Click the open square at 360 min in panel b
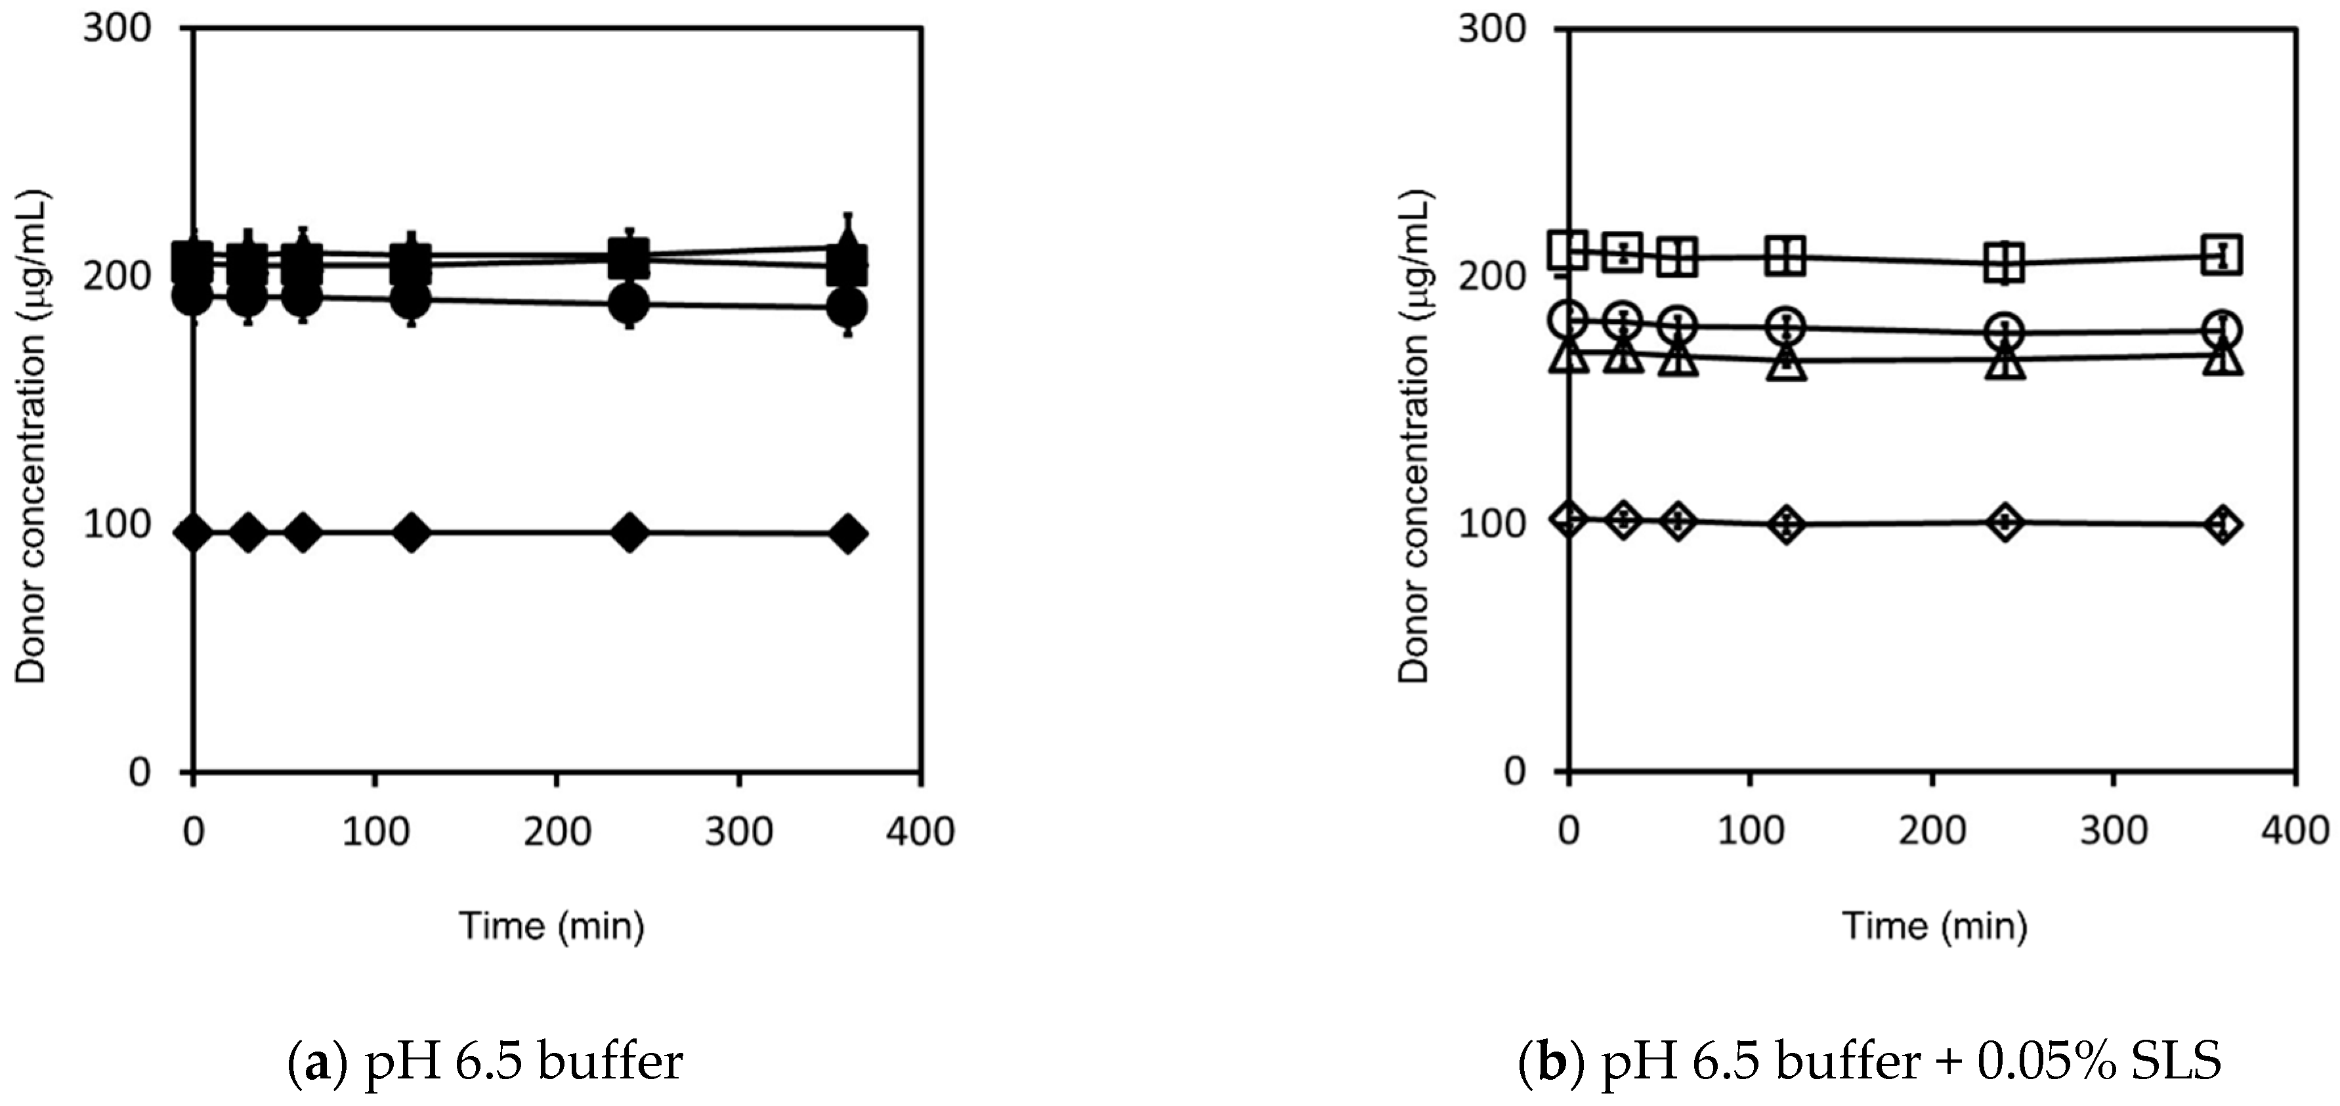pyautogui.click(x=2223, y=255)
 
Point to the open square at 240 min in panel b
pyautogui.click(x=2005, y=263)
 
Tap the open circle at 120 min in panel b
pyautogui.click(x=1787, y=326)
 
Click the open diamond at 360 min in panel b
pyautogui.click(x=2223, y=524)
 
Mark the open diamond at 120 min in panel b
pyautogui.click(x=1787, y=524)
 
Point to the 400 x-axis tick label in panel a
pyautogui.click(x=921, y=832)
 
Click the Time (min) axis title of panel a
pyautogui.click(x=552, y=926)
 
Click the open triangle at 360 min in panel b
pyautogui.click(x=2223, y=356)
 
